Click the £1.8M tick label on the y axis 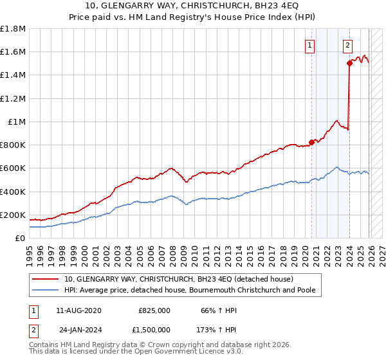13,29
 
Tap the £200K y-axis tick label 13,215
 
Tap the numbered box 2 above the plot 347,45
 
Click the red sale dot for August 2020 312,142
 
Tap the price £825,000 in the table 154,310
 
